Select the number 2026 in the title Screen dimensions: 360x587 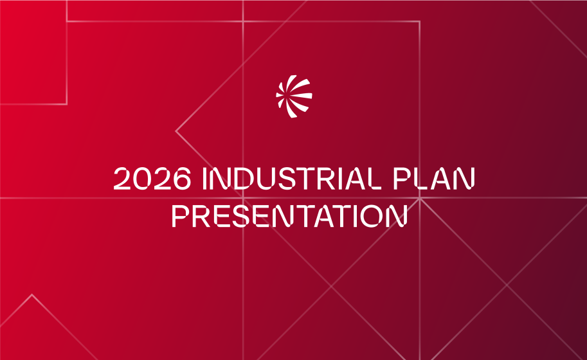tap(152, 178)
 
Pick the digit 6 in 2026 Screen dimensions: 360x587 tap(181, 178)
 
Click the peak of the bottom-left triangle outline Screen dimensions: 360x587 tap(32, 295)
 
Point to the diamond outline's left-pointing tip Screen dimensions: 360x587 tap(176, 131)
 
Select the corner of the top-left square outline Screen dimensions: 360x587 tap(67, 104)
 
